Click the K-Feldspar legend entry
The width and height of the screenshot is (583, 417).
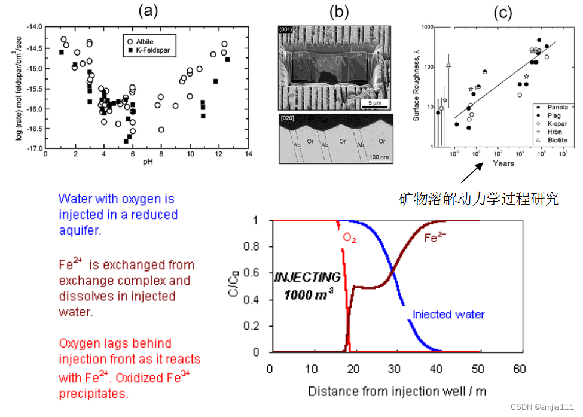(x=152, y=51)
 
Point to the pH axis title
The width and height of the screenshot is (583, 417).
(x=146, y=162)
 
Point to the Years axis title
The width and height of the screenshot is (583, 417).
(x=503, y=163)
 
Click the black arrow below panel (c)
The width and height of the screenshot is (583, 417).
(x=471, y=174)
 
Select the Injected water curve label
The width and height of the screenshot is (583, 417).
(x=448, y=315)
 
